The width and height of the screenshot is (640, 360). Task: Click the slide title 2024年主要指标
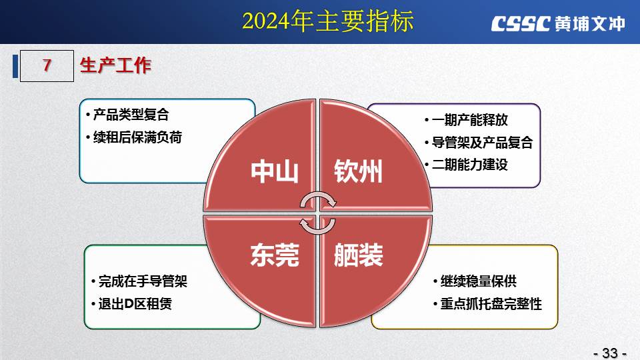click(328, 21)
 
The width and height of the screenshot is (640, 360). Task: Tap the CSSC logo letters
click(521, 24)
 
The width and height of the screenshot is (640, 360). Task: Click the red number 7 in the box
click(47, 65)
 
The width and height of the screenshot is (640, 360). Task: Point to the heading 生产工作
click(115, 65)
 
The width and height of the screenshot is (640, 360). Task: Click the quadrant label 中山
click(274, 171)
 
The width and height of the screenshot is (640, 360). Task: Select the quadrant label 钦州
click(359, 171)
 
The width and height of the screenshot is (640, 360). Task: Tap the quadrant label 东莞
click(275, 255)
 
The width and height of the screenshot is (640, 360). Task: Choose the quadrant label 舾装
click(359, 255)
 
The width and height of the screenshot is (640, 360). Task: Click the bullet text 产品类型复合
click(131, 115)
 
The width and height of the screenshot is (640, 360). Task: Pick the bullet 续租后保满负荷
click(137, 137)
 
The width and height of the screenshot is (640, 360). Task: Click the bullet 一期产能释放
click(470, 120)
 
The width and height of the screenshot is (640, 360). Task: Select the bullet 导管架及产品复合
click(483, 143)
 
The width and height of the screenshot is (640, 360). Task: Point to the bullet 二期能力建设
click(470, 165)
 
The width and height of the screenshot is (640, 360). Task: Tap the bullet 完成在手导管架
click(143, 281)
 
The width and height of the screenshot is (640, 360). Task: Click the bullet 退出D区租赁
click(135, 304)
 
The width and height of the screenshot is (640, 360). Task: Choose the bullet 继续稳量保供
click(479, 281)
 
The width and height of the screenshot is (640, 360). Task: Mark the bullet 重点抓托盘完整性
click(491, 304)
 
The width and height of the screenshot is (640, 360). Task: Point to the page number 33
click(610, 353)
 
